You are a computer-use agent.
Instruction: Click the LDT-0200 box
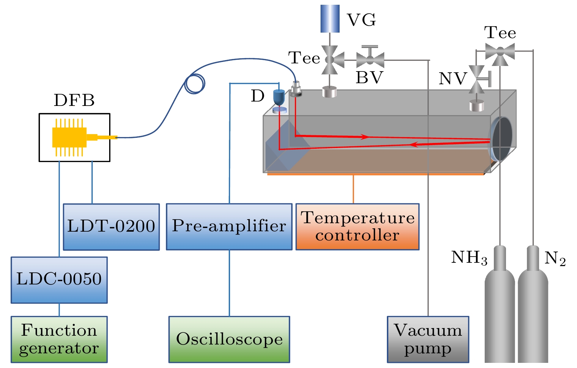click(111, 227)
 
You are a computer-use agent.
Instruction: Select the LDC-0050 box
click(59, 280)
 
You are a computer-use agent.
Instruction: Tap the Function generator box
click(59, 339)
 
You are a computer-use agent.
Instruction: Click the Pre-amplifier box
click(229, 227)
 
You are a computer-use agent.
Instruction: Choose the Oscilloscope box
click(229, 339)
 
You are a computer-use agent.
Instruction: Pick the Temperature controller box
click(357, 227)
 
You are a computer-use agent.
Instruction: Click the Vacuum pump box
click(428, 339)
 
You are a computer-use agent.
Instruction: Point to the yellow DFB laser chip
click(70, 137)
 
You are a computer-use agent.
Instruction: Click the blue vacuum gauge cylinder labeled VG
click(330, 19)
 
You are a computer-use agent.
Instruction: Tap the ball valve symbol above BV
click(370, 59)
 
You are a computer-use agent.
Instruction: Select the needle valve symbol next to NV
click(477, 79)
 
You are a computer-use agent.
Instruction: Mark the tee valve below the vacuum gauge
click(330, 59)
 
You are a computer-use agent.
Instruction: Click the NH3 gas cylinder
click(500, 308)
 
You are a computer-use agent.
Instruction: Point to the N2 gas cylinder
click(533, 308)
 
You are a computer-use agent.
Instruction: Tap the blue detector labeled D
click(279, 97)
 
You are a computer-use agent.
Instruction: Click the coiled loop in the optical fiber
click(195, 84)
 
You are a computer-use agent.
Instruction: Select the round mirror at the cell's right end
click(501, 138)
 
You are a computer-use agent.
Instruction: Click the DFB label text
click(74, 100)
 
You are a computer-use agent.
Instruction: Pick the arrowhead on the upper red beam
click(365, 137)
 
